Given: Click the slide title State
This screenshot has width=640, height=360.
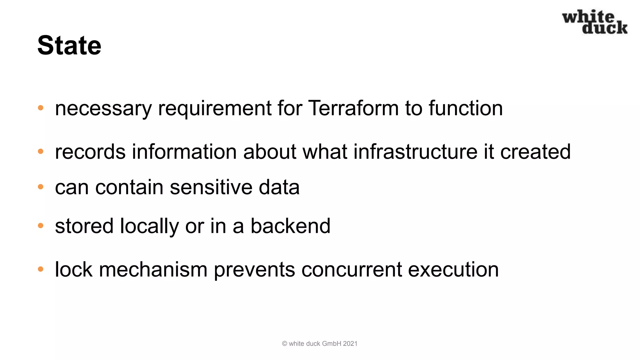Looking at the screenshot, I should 69,46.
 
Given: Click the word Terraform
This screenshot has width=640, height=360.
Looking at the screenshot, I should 353,108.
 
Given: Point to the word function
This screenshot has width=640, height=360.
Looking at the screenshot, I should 465,108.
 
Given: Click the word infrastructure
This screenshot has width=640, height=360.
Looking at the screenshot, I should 415,152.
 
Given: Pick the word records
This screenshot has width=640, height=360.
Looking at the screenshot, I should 90,152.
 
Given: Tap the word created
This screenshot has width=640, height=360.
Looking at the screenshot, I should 535,152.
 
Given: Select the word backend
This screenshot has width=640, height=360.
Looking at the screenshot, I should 290,226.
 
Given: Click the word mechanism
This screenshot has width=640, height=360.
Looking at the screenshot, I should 153,269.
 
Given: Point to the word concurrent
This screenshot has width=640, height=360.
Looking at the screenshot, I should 352,269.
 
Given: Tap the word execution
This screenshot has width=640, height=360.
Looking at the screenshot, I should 453,269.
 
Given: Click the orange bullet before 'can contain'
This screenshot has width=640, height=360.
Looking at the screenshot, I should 41,187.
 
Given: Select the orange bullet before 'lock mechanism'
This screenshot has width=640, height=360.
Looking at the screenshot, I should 41,269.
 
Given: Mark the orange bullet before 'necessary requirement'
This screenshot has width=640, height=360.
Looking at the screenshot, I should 41,108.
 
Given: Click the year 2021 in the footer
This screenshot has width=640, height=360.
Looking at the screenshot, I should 350,344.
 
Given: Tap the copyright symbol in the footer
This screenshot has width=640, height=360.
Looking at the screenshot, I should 284,344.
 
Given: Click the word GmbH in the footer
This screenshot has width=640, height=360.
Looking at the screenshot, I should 331,344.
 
